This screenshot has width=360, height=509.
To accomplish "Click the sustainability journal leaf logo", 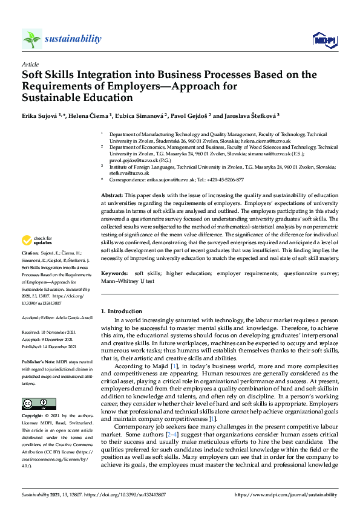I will tap(32, 39).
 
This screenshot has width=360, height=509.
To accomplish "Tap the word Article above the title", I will tap(30, 64).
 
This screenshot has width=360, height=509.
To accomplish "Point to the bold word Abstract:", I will tap(111, 197).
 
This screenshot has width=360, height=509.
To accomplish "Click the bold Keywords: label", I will tap(114, 274).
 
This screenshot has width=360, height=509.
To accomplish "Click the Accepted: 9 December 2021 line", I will tap(48, 340).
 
